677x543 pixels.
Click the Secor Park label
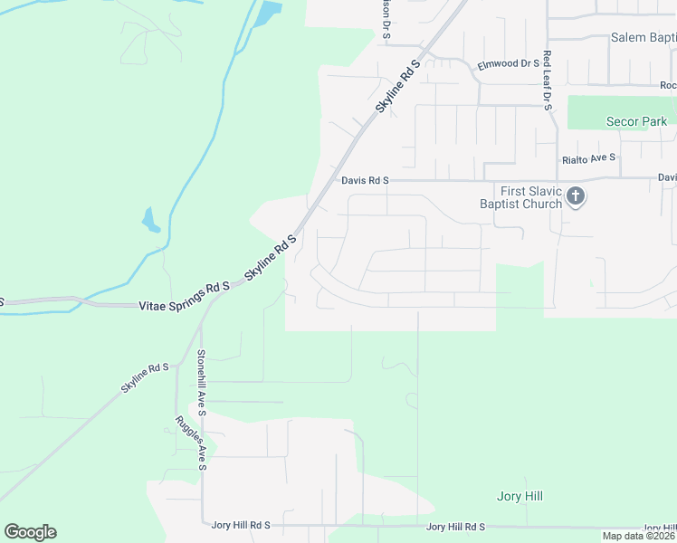(636, 121)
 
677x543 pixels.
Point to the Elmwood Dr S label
(508, 65)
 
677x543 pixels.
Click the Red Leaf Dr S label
(548, 80)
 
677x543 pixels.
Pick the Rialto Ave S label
(588, 158)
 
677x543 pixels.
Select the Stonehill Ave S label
(202, 383)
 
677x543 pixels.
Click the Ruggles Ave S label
(204, 444)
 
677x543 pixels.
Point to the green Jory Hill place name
(520, 496)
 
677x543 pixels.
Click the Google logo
(30, 532)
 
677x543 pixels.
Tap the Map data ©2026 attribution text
(639, 536)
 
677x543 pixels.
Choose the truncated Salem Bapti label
(644, 38)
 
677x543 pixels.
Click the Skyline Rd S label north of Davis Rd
(398, 87)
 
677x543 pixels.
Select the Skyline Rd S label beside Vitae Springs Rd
(270, 257)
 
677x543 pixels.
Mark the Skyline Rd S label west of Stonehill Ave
(145, 378)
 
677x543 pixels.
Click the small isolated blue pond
(150, 220)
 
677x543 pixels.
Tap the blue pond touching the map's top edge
(268, 13)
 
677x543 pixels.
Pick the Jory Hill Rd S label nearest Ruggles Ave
(241, 525)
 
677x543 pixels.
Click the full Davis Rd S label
(365, 180)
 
